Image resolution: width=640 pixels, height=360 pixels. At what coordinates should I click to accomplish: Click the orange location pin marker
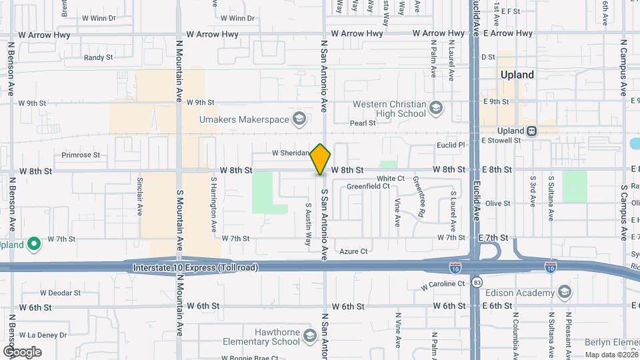pyautogui.click(x=321, y=159)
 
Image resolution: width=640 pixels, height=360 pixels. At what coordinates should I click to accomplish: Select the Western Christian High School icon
pyautogui.click(x=435, y=108)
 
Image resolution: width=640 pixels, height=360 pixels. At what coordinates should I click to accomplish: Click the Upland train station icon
pyautogui.click(x=532, y=131)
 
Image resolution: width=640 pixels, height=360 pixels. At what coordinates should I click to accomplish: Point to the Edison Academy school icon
pyautogui.click(x=564, y=293)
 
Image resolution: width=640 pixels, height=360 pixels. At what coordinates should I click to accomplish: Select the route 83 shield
pyautogui.click(x=477, y=283)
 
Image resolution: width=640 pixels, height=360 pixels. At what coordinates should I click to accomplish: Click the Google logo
pyautogui.click(x=22, y=351)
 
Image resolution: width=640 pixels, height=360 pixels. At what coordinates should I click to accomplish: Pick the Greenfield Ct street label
pyautogui.click(x=368, y=186)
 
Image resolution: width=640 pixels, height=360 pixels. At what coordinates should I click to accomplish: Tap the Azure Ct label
pyautogui.click(x=353, y=251)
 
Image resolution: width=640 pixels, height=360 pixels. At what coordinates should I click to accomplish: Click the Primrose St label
pyautogui.click(x=80, y=155)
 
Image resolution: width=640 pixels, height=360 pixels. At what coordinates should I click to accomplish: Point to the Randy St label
pyautogui.click(x=98, y=58)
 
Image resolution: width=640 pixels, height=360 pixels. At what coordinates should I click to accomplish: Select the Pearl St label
pyautogui.click(x=363, y=123)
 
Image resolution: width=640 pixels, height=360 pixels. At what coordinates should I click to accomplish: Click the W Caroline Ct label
pyautogui.click(x=443, y=285)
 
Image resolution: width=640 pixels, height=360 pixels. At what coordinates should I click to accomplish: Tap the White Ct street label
pyautogui.click(x=390, y=178)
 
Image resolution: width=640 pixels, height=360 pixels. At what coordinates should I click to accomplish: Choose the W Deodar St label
pyautogui.click(x=60, y=292)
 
